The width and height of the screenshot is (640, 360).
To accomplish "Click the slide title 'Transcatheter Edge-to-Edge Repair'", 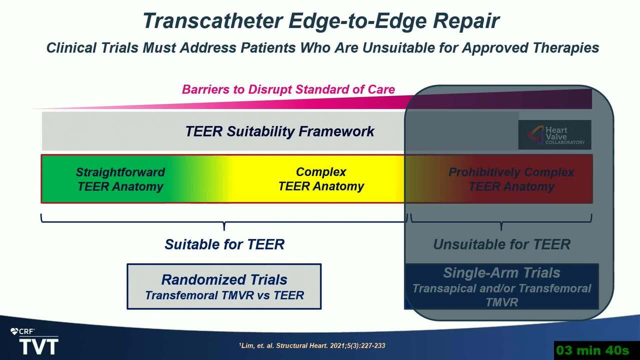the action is tap(321, 21).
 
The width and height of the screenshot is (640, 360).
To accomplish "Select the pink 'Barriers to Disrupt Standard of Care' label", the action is tap(288, 89).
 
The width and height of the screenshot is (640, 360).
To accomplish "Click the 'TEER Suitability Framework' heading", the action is tap(279, 131).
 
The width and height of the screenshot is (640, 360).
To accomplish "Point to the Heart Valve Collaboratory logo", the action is tap(555, 135).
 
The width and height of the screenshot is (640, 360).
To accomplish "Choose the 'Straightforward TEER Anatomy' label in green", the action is tap(120, 179).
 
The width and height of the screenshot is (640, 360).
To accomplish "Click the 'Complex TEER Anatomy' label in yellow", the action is tap(321, 179).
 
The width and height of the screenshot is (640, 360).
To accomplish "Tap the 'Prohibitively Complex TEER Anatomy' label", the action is tap(511, 179).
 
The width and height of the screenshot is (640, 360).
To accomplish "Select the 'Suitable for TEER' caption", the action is tap(224, 244).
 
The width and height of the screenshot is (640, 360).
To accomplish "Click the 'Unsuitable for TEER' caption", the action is tap(501, 244).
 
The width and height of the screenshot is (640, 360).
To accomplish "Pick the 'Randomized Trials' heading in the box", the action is tap(224, 279).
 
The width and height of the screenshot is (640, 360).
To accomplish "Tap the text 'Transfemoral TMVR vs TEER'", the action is tap(224, 295).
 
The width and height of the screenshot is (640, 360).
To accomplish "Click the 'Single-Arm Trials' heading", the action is tap(501, 272).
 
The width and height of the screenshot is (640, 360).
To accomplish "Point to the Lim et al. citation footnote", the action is tap(312, 345).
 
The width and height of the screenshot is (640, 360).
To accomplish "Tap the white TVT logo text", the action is tap(39, 346).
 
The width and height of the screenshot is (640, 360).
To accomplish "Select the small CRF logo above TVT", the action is tap(22, 331).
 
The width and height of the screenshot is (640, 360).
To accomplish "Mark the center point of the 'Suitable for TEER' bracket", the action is tap(224, 222).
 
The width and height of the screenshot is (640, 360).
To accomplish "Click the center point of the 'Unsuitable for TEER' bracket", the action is tap(501, 222).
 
